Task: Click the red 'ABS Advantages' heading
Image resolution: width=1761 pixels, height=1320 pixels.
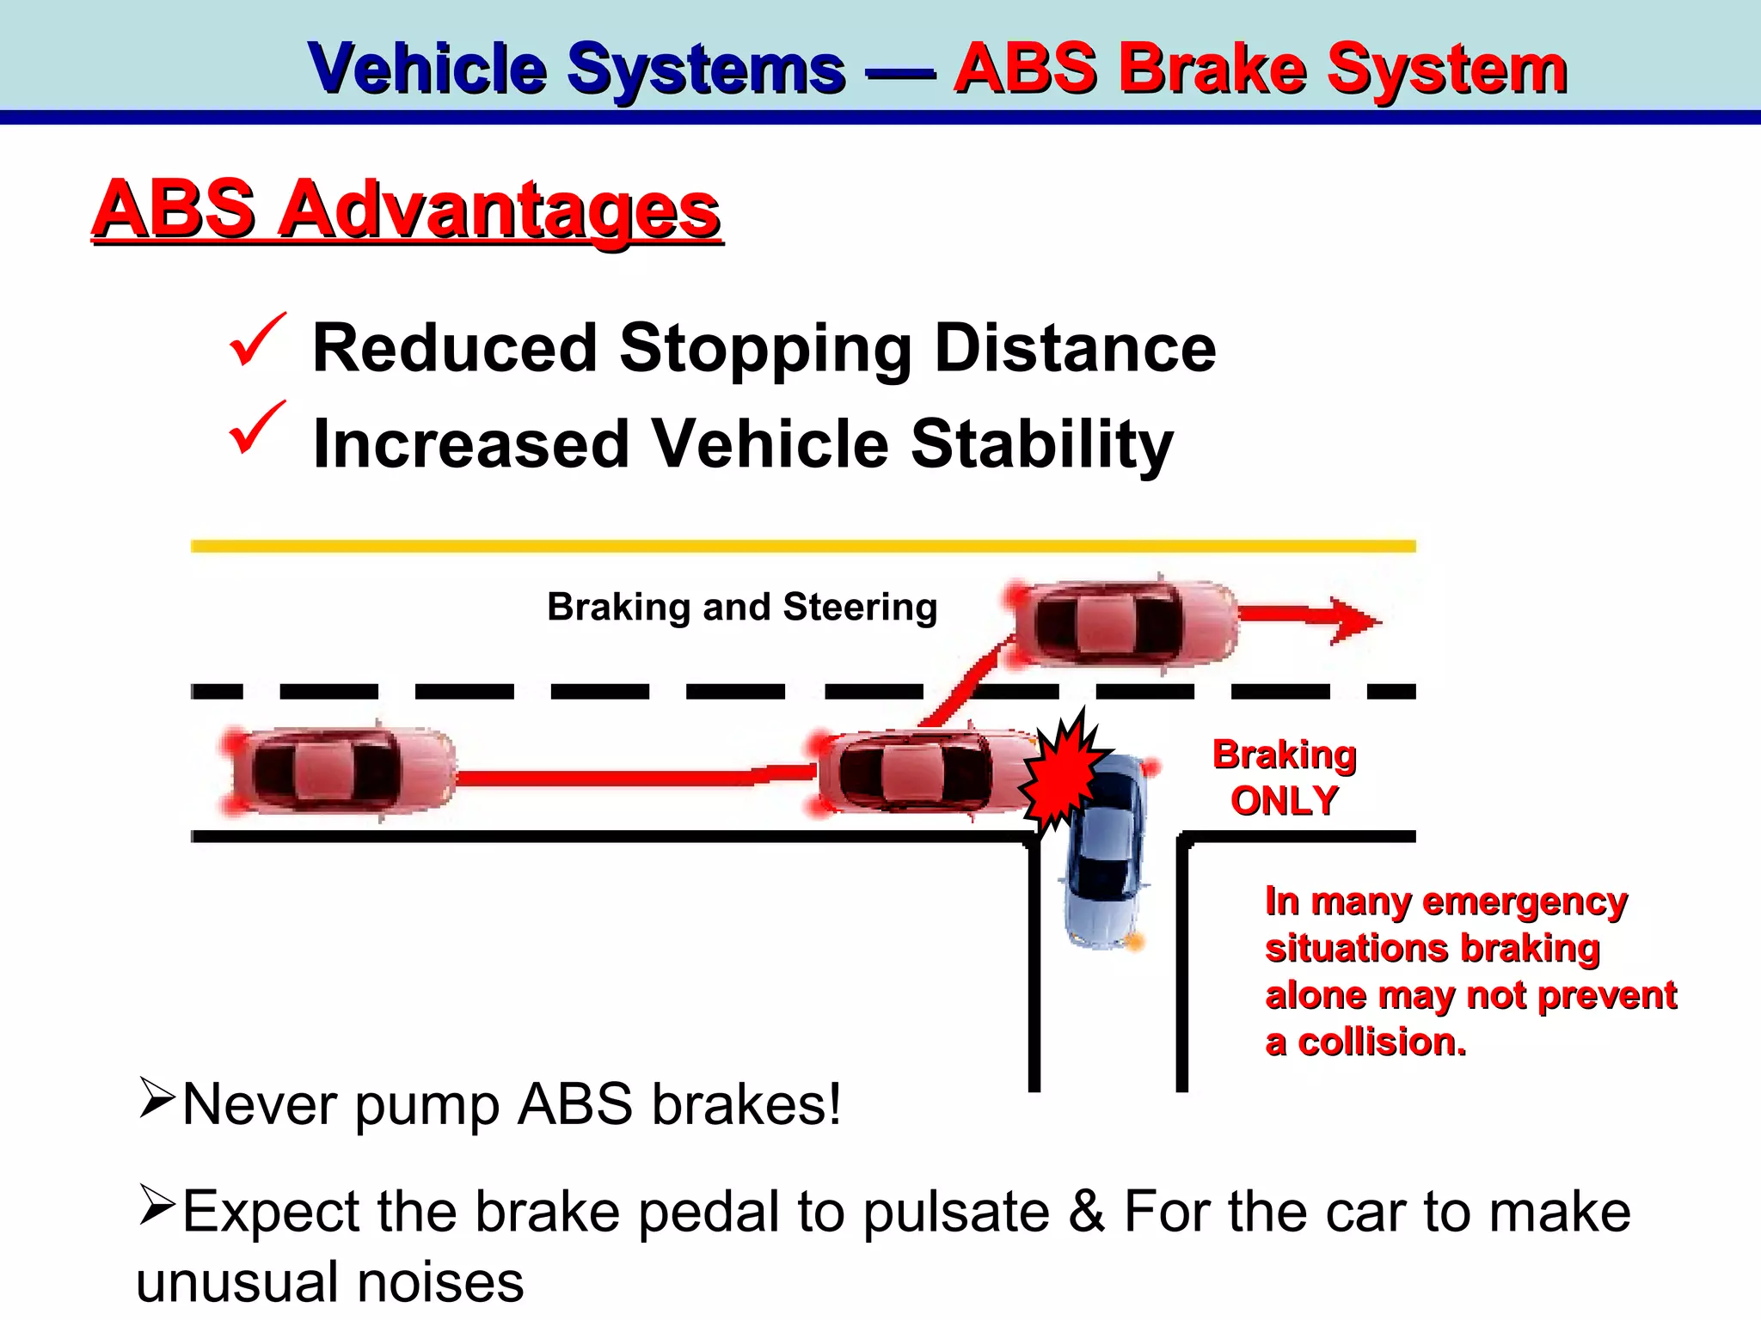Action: point(406,211)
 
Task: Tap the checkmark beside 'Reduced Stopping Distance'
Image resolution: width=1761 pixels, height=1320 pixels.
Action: point(255,340)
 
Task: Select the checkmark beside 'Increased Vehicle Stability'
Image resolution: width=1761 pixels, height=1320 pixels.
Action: point(255,428)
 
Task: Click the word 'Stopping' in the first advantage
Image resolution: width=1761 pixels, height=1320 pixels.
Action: point(764,350)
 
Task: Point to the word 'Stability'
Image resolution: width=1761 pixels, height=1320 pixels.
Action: point(1041,444)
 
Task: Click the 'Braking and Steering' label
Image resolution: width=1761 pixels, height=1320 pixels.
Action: point(741,607)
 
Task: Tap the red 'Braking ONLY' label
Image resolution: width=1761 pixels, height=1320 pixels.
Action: point(1284,777)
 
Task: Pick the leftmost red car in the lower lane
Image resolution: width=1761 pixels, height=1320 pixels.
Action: point(341,771)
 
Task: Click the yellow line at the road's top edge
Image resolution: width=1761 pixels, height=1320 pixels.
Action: point(802,546)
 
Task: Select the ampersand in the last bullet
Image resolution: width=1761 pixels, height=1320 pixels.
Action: point(1086,1212)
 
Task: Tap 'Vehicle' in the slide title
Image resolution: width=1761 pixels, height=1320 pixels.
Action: point(427,69)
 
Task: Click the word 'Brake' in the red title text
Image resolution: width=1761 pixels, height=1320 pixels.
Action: point(1212,69)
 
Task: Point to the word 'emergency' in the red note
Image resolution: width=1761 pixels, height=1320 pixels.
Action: point(1525,902)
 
